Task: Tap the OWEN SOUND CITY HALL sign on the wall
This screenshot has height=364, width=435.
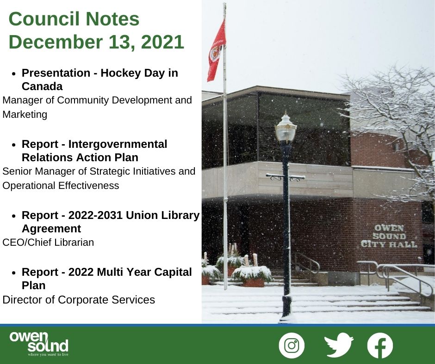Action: pyautogui.click(x=389, y=236)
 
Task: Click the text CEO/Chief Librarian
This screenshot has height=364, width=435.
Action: pyautogui.click(x=48, y=242)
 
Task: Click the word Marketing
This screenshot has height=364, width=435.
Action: pyautogui.click(x=25, y=115)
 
